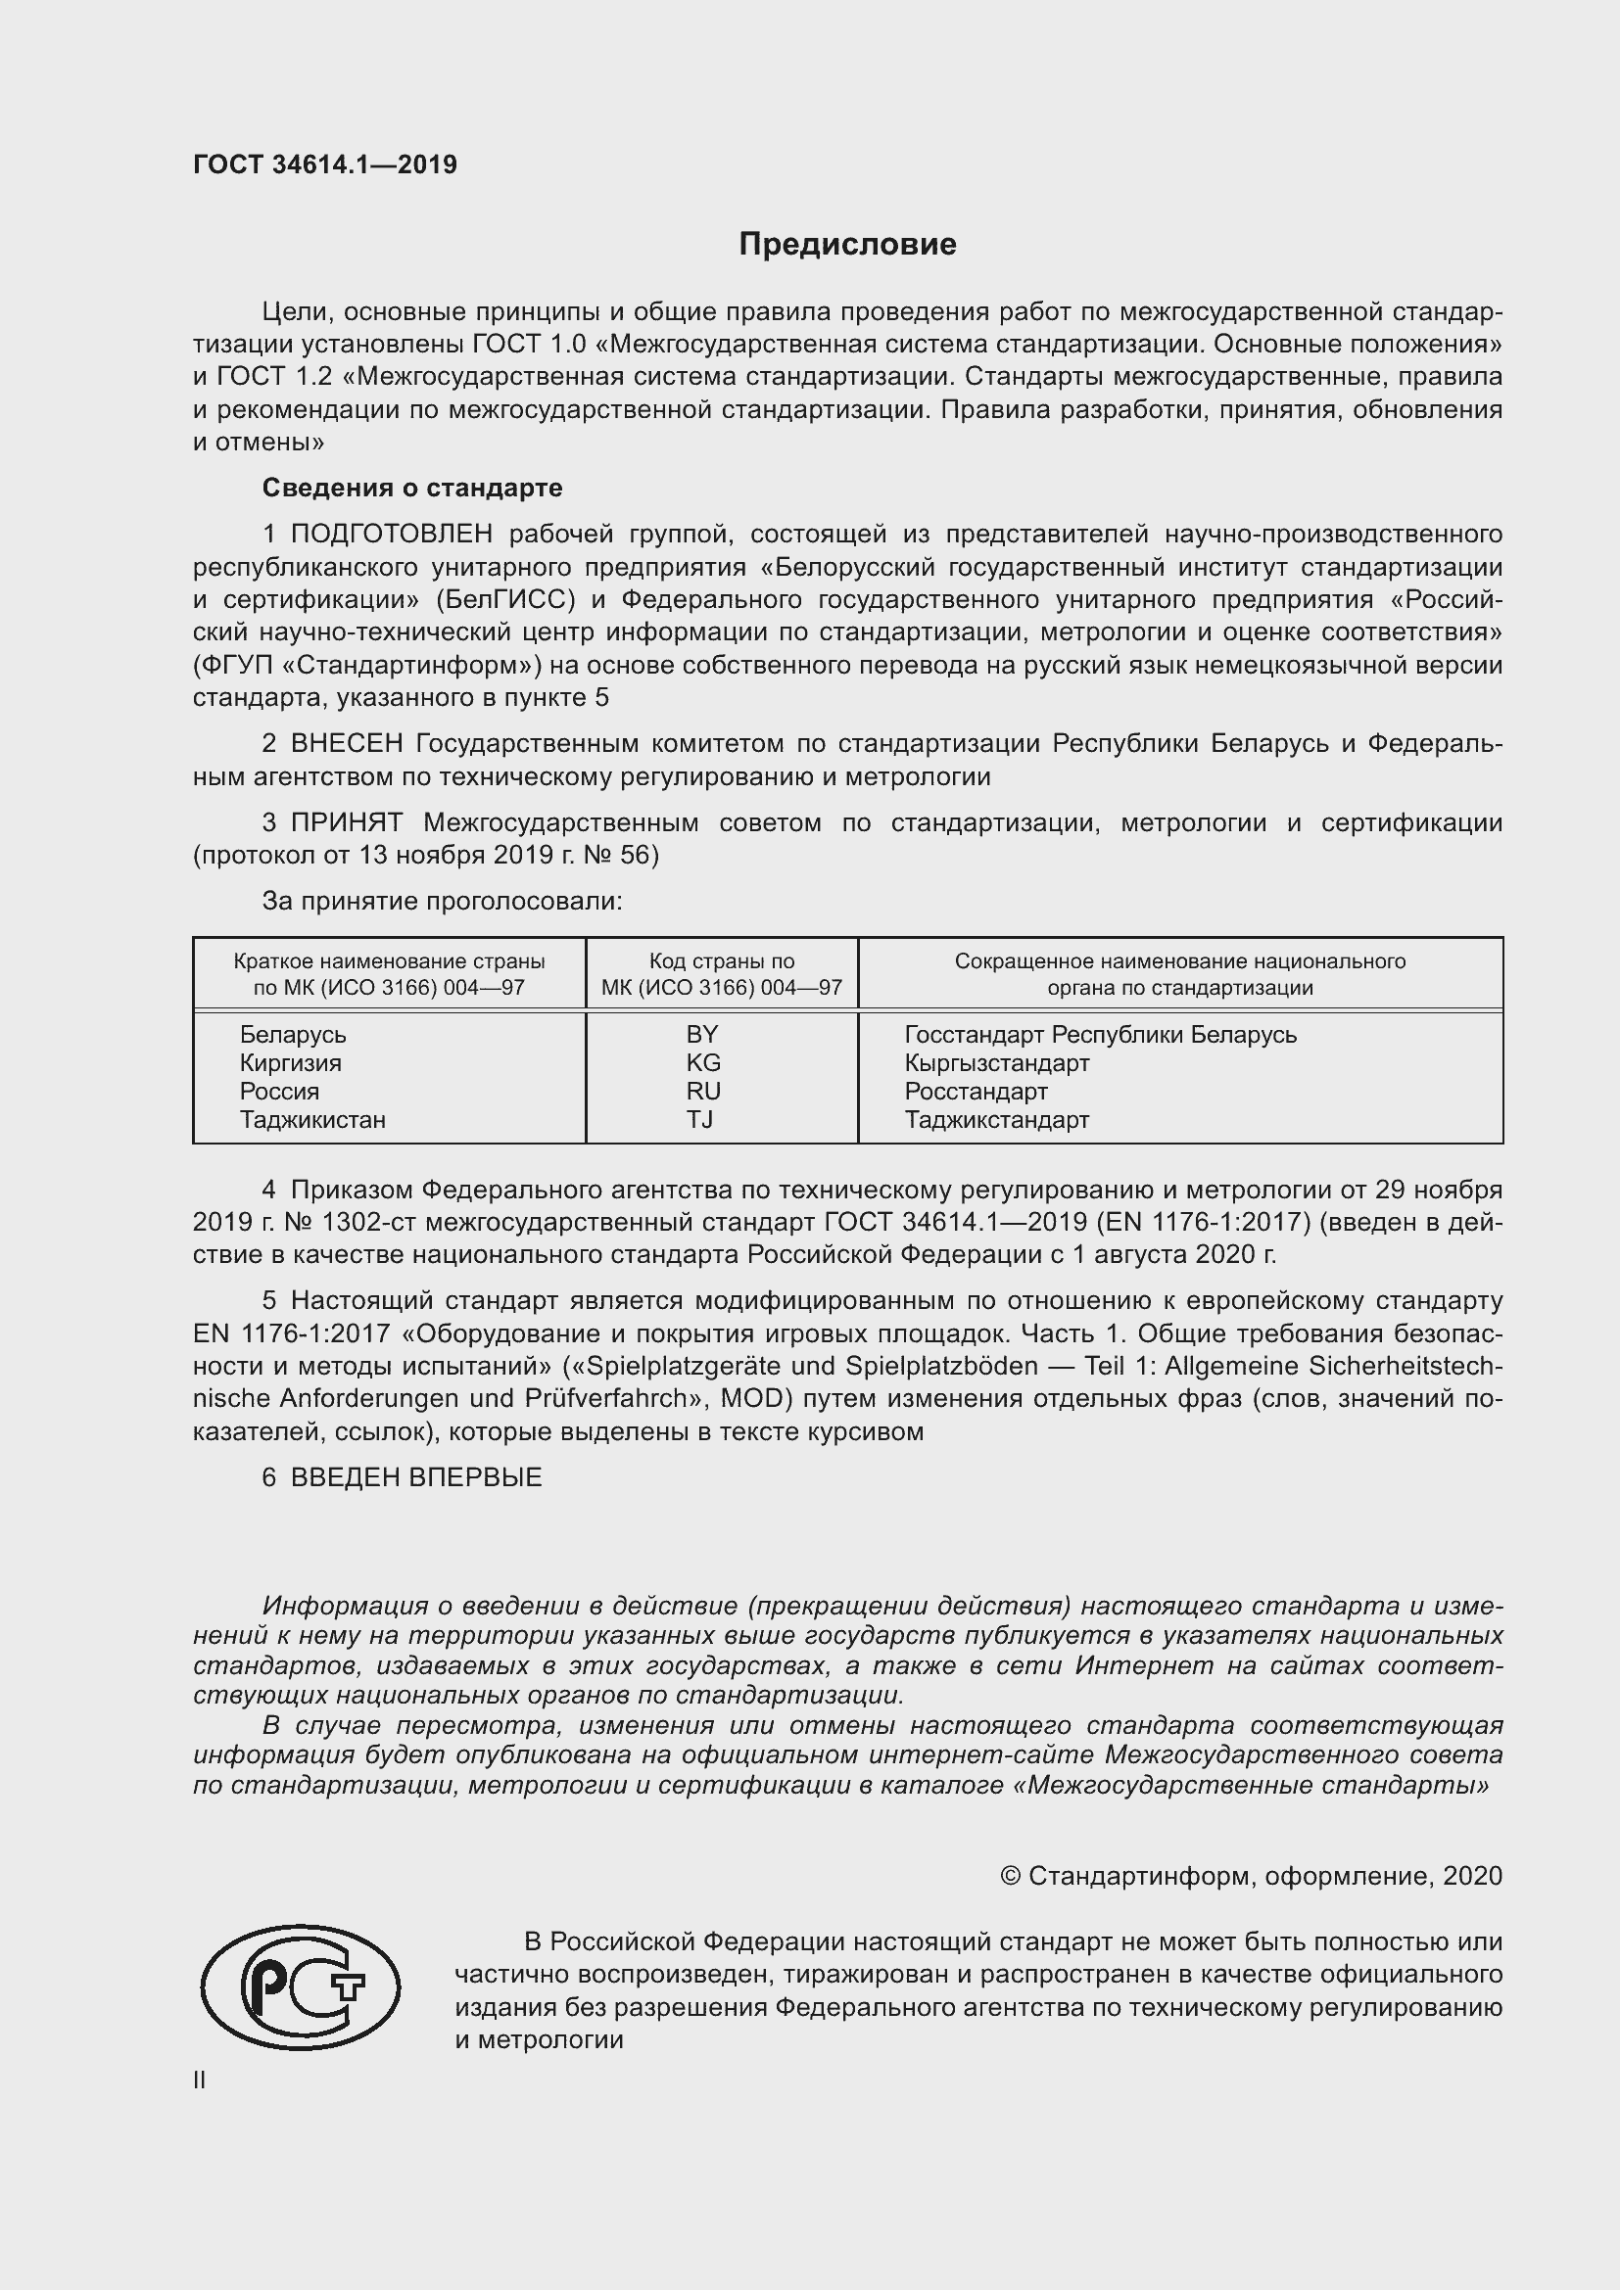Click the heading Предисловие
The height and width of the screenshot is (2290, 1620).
847,245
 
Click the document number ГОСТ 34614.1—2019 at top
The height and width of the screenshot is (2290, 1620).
325,164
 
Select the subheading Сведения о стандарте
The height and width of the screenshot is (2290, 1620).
412,488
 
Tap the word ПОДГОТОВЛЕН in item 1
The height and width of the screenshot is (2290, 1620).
391,535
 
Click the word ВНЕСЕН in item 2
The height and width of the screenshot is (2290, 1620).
346,744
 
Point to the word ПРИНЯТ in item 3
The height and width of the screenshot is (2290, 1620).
346,822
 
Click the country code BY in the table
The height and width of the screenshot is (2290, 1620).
702,1034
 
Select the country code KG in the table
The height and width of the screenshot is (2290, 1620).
703,1063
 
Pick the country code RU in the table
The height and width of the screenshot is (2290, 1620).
703,1091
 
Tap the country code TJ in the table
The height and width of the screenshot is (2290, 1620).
699,1119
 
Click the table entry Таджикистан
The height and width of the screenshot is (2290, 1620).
312,1119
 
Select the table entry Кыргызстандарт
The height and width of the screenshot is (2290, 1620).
996,1063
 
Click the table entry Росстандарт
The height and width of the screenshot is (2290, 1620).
976,1091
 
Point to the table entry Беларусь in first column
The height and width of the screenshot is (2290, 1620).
292,1034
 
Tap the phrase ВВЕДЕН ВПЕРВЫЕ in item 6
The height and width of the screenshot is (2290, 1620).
416,1478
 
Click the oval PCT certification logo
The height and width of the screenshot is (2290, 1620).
301,1987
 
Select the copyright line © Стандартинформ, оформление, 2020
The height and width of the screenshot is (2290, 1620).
1250,1876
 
